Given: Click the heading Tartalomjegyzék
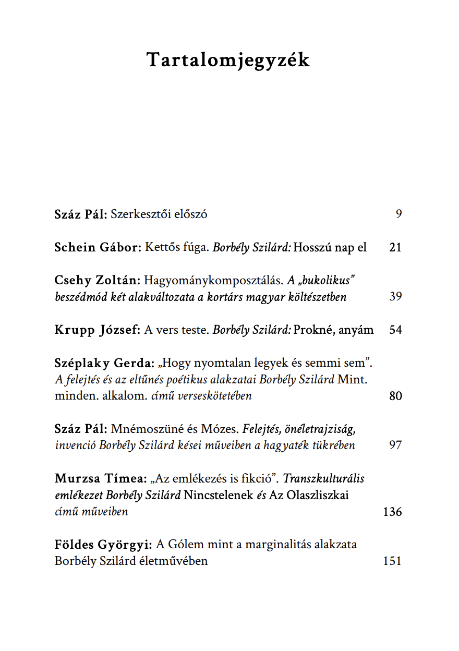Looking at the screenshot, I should pos(228,61).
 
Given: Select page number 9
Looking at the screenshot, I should pos(398,214).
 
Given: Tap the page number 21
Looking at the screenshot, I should pos(395,247).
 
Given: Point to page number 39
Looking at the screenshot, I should pos(395,297).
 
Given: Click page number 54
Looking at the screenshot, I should pos(395,330).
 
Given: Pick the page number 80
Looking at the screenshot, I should pos(395,396).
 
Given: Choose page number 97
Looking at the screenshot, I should pos(395,445).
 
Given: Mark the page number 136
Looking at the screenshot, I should pos(392,512).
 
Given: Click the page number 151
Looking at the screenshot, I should pos(392,561).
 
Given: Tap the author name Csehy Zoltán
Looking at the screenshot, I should pos(97,280).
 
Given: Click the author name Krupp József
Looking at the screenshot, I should pos(98,330).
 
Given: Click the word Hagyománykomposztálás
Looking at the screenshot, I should pos(214,280).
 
